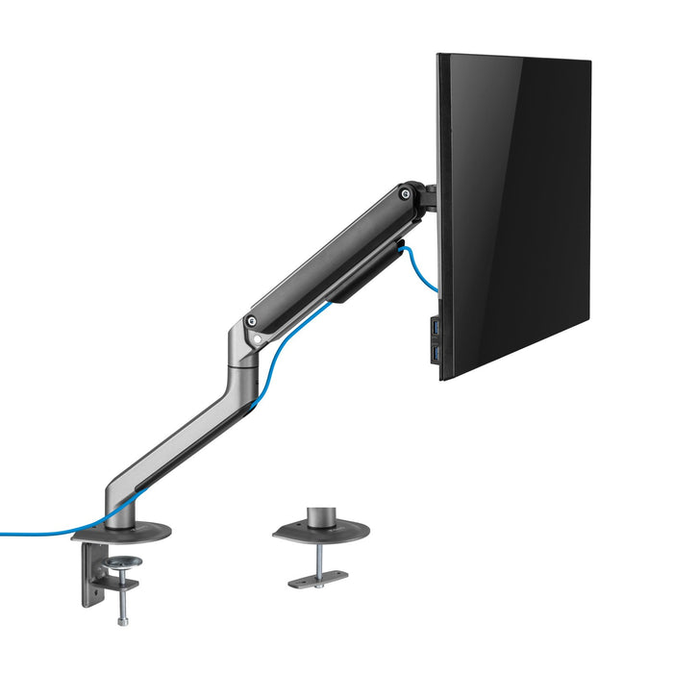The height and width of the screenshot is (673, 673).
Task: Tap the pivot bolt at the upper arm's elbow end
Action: point(252,322)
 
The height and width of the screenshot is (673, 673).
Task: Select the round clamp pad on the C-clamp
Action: point(123,561)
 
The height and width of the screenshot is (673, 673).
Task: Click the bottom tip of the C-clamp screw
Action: point(123,621)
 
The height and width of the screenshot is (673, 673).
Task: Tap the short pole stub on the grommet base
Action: point(320,516)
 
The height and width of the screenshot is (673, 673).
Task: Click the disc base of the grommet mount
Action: point(317,532)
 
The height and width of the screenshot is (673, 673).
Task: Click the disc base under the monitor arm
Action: point(135,531)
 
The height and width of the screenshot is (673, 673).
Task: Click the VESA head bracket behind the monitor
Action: point(429,197)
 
